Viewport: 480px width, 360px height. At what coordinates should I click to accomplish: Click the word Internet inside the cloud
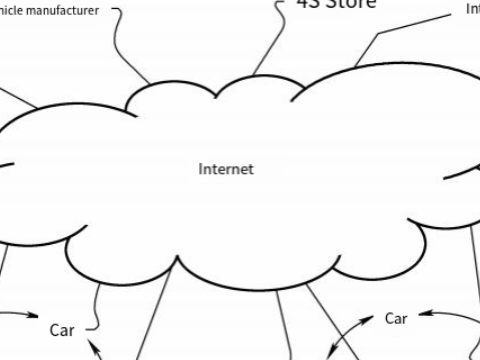pyautogui.click(x=226, y=169)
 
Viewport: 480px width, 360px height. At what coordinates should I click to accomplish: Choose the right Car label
pyautogui.click(x=396, y=318)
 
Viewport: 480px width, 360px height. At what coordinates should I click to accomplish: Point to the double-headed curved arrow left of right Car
pyautogui.click(x=345, y=334)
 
